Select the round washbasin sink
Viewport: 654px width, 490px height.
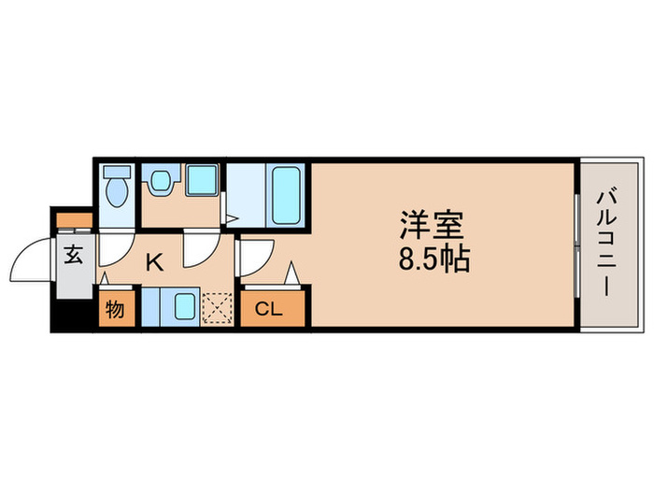pos(159,179)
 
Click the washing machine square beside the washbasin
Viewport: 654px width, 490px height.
pos(201,179)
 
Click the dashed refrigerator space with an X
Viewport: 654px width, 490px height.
pos(220,306)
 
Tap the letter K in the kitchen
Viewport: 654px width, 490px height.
pos(154,262)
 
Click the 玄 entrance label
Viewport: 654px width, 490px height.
pos(73,253)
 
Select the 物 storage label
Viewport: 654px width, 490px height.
pos(115,308)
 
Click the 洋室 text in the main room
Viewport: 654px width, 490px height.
pos(432,226)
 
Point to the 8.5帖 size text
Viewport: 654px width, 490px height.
pos(432,259)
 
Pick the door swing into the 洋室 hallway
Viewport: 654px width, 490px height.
pos(255,255)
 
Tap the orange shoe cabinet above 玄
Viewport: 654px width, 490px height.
pos(73,221)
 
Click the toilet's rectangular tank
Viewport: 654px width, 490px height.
pos(116,174)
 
